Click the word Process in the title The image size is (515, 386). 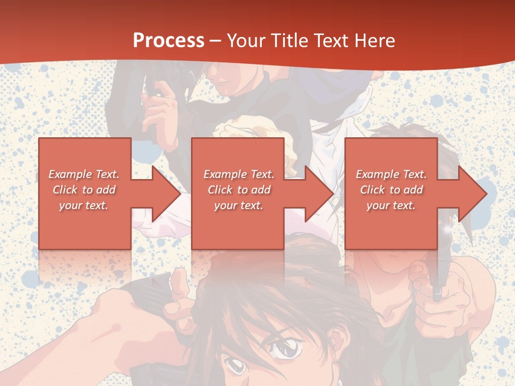[168, 40]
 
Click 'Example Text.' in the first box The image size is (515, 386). [84, 174]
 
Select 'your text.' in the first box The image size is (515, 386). [84, 205]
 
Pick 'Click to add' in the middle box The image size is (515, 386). [239, 190]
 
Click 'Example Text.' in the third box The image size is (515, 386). [391, 174]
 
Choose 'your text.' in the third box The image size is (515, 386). [391, 205]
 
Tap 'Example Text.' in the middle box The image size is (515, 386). [239, 174]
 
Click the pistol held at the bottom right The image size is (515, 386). [437, 279]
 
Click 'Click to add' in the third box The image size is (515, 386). [391, 190]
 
